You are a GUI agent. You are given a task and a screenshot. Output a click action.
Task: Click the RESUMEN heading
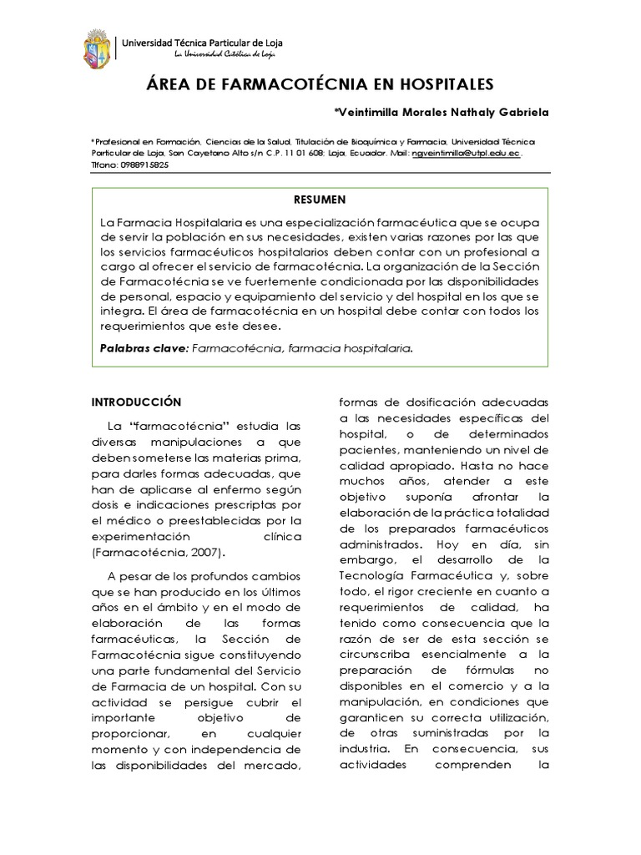320,200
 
